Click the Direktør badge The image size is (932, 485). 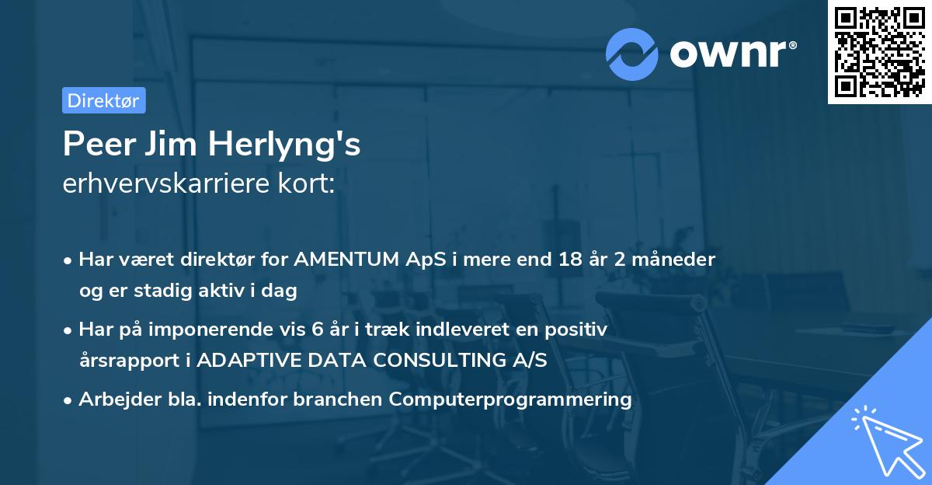pyautogui.click(x=103, y=100)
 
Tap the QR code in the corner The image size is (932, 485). pyautogui.click(x=878, y=51)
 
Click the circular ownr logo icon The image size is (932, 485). pyautogui.click(x=632, y=54)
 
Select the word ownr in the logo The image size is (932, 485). pyautogui.click(x=732, y=53)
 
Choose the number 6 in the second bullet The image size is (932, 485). pyautogui.click(x=317, y=329)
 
